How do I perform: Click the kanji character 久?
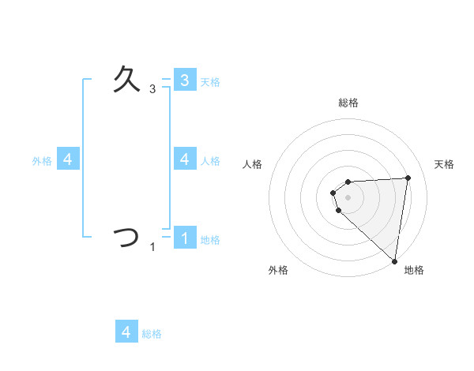127,80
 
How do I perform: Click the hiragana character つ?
126,238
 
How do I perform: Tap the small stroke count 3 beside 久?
152,90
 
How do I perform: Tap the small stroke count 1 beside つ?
152,248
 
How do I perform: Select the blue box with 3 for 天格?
184,80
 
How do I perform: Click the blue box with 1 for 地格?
184,238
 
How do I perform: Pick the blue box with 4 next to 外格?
68,159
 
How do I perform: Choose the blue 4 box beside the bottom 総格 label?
126,332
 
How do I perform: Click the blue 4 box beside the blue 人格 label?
184,159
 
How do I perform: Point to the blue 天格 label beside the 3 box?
210,81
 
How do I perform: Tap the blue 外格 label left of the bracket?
42,160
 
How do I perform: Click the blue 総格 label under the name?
152,334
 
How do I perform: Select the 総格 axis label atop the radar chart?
348,103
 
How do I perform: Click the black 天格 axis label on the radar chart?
445,164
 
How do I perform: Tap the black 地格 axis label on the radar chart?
414,270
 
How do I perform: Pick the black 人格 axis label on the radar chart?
253,164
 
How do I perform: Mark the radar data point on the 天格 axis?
408,178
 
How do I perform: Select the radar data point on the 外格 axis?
338,210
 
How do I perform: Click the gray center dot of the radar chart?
348,197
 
